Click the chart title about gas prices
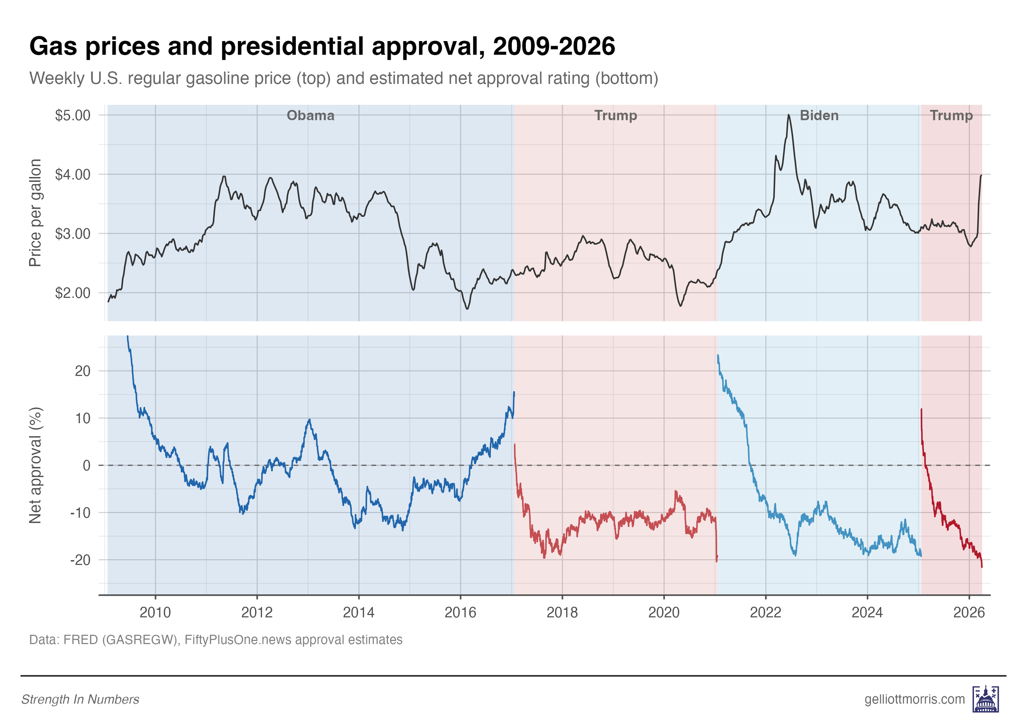pos(322,46)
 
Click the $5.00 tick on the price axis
pos(72,115)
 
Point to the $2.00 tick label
pos(72,293)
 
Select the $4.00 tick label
pos(72,175)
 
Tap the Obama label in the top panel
pos(311,115)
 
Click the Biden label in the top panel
pos(819,115)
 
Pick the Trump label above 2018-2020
pos(615,115)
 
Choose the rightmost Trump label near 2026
pos(951,115)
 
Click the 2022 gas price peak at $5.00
pos(789,115)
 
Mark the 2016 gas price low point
pos(467,309)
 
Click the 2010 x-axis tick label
pos(155,612)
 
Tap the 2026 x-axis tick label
pos(969,612)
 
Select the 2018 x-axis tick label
pos(562,612)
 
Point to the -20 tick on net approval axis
pos(80,560)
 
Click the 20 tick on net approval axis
pos(83,371)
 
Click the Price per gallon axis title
pos(35,212)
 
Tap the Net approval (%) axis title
pos(35,466)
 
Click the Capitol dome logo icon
pos(986,699)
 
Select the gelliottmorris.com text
pos(915,699)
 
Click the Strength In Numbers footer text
pos(81,700)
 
